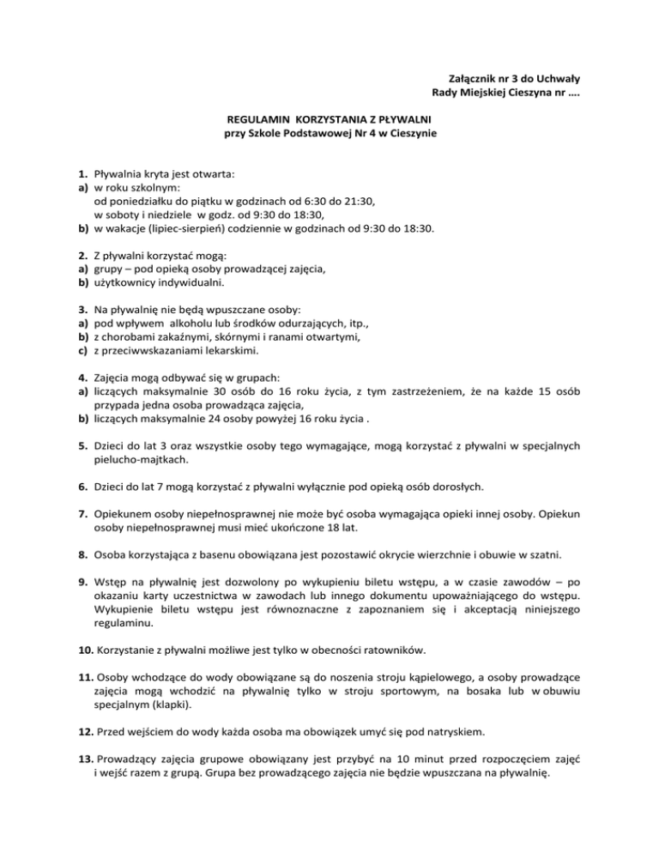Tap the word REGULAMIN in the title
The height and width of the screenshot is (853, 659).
point(256,119)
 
